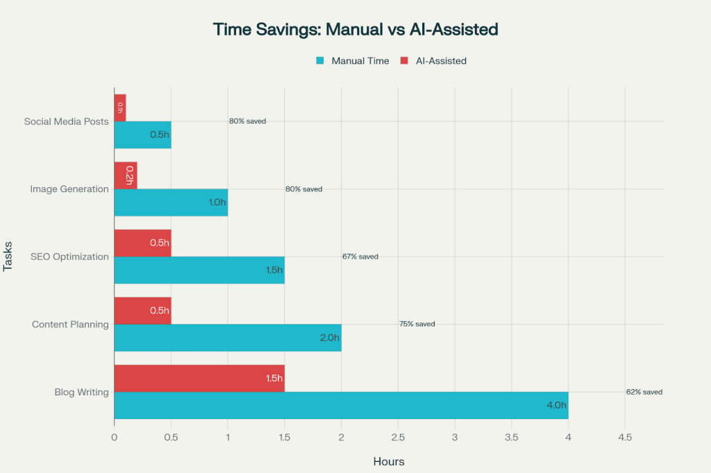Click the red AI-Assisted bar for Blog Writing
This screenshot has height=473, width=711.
tap(199, 378)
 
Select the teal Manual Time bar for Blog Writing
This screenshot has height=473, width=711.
tap(341, 405)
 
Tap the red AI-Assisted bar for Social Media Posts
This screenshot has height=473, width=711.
tap(119, 108)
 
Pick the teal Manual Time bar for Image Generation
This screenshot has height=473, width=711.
tap(171, 202)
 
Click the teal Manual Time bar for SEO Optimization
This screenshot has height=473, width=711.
tap(199, 270)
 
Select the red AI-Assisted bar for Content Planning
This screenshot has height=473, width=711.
tap(142, 310)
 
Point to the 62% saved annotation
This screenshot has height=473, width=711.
tap(644, 392)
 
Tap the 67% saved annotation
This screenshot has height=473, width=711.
tap(360, 257)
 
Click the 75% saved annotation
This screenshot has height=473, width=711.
tap(417, 324)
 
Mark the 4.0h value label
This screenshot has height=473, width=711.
tap(556, 405)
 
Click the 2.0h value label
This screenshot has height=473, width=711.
tap(329, 338)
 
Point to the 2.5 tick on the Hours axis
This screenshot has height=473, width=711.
tap(398, 438)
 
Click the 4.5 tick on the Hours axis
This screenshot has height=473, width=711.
tap(625, 438)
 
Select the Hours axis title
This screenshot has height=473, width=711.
tap(389, 461)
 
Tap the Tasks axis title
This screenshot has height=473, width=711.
tap(8, 257)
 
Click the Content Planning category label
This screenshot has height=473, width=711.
tap(71, 324)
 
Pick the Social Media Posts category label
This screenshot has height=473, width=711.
tap(66, 121)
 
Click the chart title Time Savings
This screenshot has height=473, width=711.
tap(355, 29)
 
